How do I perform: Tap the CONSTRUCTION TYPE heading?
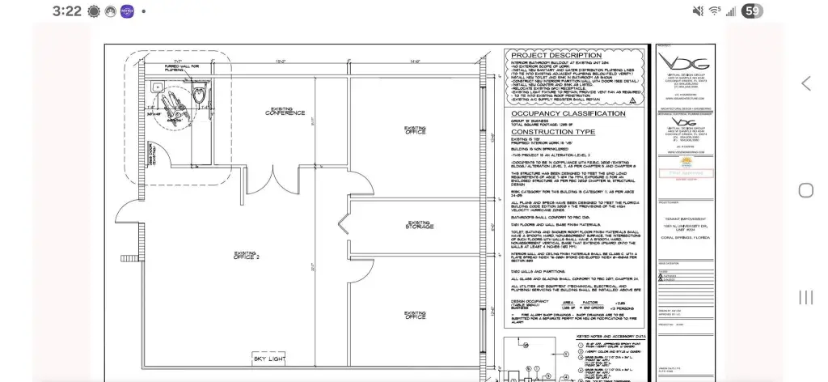pos(553,131)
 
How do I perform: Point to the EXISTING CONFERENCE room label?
pos(285,112)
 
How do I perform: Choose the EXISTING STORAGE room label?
pos(419,225)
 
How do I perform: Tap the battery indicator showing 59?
pos(752,11)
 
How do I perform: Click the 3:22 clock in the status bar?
pos(66,11)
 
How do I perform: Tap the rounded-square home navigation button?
pos(805,190)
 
